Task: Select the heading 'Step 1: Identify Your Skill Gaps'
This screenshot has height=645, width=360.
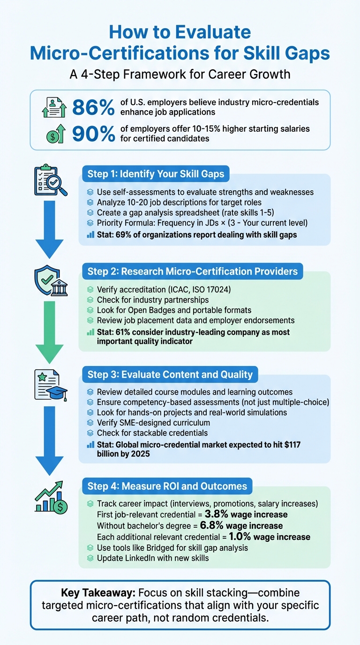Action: (156, 174)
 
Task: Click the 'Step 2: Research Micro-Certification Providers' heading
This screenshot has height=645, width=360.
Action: (192, 271)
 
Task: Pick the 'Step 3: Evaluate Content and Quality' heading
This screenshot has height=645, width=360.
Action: (170, 375)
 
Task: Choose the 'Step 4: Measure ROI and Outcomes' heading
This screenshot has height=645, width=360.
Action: (167, 486)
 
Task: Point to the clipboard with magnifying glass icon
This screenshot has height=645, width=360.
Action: (49, 180)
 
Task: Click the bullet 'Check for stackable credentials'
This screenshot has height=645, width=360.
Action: (152, 433)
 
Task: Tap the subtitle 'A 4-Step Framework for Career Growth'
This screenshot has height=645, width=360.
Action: (180, 75)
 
